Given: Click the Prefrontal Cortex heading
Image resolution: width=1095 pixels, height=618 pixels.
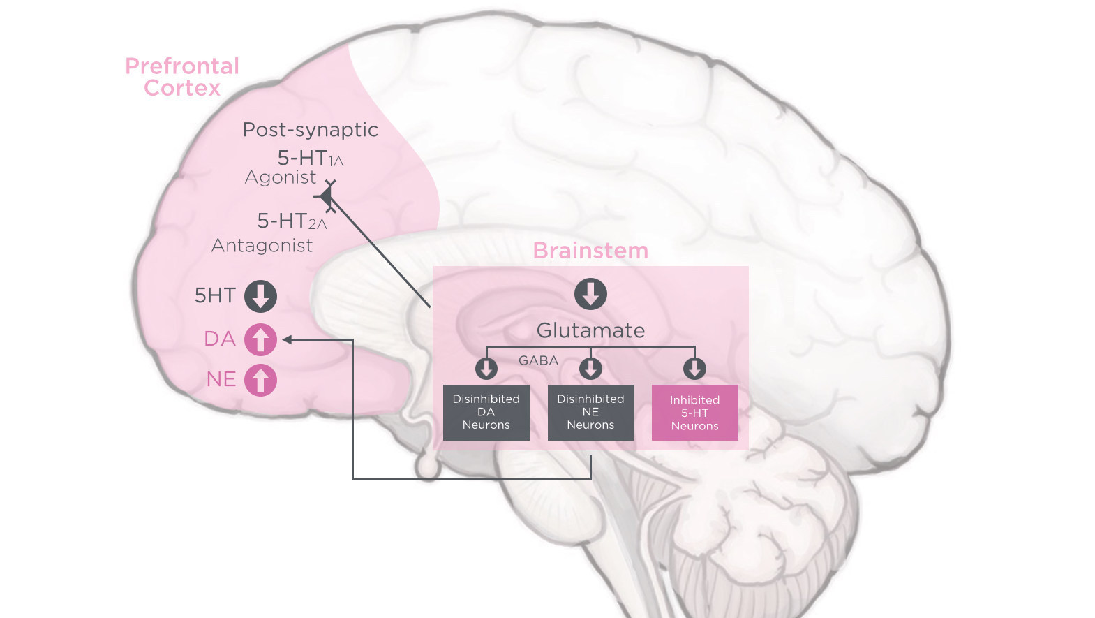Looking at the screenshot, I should point(182,77).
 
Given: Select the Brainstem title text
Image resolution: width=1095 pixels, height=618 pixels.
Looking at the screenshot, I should point(590,251).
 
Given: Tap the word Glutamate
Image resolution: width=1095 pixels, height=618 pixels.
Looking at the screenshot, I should point(590,330).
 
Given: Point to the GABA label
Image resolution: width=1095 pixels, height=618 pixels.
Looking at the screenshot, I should point(538,361).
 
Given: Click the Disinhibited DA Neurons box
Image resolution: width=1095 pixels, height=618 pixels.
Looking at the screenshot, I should point(486,412).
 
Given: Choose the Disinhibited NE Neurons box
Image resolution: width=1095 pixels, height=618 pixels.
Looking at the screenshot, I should point(590,412).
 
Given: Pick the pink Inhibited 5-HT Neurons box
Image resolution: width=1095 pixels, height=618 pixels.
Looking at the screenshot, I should point(694,413).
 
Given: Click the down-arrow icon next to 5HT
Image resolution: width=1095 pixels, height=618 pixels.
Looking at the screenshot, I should point(260,296).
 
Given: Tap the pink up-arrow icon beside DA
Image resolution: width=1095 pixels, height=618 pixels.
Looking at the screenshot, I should point(260,340).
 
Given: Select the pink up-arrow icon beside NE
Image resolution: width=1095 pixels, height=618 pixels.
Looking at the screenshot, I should point(260,381).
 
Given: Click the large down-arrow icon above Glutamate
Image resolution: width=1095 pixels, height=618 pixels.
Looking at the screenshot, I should point(590,294).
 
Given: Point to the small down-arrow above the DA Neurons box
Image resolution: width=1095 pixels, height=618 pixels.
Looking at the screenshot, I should point(486,368).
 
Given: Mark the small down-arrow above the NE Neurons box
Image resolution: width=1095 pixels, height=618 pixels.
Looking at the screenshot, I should point(590,368).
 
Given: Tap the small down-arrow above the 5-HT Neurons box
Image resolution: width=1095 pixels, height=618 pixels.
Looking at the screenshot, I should point(694,368).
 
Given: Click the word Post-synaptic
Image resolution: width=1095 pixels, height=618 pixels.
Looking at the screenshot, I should point(311,130).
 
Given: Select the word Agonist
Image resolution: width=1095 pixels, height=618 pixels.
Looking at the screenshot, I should point(281,177).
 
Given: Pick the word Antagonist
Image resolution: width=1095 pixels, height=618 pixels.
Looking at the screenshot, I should point(262,246).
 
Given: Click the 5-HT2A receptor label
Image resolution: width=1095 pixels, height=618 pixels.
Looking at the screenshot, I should point(292,221).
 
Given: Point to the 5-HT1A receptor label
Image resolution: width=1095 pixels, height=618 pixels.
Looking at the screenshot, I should point(310,159).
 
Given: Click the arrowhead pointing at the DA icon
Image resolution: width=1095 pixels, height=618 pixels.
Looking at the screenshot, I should point(287,340).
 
